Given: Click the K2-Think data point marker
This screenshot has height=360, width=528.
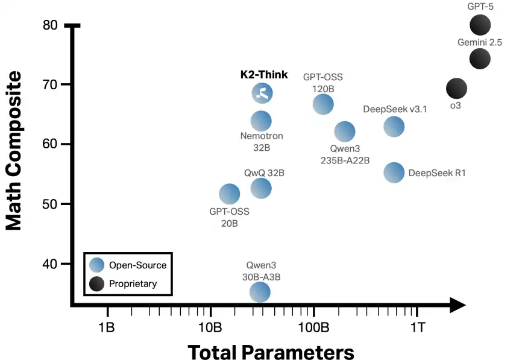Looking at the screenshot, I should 262,93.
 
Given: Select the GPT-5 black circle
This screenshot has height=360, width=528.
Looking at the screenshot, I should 480,25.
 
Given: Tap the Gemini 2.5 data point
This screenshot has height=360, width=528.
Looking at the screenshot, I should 480,58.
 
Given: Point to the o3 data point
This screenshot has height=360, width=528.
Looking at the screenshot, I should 456,89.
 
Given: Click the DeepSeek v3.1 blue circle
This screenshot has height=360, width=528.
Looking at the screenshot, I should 394,127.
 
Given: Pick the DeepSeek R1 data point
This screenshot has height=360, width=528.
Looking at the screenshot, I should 394,172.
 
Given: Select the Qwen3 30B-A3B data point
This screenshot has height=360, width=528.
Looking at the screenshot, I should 260,292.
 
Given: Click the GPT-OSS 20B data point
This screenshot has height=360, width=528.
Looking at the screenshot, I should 229,194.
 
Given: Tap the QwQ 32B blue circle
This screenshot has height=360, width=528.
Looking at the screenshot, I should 261,188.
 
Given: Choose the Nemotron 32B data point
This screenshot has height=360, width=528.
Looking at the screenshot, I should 261,121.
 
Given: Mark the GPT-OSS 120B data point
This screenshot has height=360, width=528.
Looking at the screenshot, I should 323,104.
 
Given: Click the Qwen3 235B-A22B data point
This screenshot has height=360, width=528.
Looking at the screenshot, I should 345,131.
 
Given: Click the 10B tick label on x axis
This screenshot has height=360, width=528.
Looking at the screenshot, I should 210,327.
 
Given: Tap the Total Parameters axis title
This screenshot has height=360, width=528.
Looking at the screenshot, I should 271,352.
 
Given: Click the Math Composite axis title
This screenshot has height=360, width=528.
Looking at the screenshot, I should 13,151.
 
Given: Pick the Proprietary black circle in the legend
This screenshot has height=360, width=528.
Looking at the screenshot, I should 96,283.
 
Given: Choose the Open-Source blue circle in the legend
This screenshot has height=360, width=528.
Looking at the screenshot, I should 96,265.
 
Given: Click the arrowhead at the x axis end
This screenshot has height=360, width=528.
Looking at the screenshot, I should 457,306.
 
